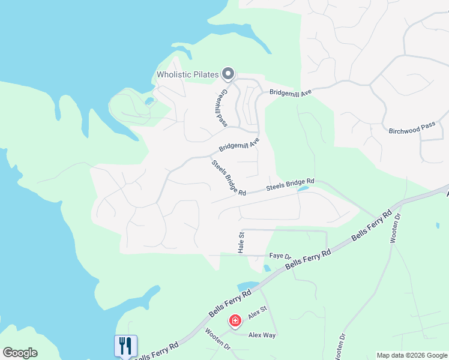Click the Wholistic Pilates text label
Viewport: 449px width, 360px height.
click(x=187, y=75)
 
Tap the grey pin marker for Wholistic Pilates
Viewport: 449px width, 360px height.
click(x=228, y=74)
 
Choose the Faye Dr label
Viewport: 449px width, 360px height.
click(x=280, y=256)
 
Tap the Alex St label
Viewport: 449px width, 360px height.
click(x=258, y=313)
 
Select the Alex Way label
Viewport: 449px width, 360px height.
click(x=262, y=335)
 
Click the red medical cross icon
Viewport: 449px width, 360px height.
click(x=235, y=322)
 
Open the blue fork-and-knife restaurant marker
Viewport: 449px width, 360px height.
click(x=125, y=346)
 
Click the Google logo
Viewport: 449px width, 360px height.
click(x=20, y=353)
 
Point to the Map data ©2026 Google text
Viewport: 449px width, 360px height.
click(x=412, y=355)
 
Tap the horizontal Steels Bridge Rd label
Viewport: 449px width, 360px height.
click(x=291, y=184)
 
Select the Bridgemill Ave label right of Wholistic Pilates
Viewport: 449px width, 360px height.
click(x=291, y=93)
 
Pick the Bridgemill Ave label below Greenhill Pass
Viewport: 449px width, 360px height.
click(x=238, y=145)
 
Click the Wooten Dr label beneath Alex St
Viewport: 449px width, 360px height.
click(x=218, y=339)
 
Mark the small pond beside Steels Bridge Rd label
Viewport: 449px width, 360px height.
click(x=303, y=190)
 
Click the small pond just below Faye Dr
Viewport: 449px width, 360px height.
click(x=267, y=268)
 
